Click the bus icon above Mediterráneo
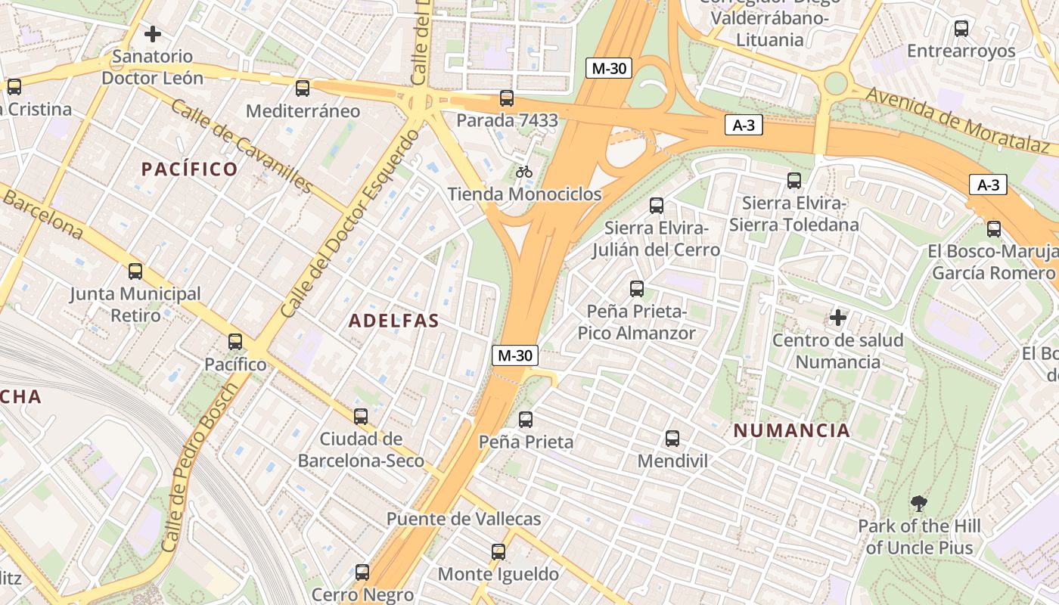(x=303, y=88)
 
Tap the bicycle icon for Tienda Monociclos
(x=524, y=172)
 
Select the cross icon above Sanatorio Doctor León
(x=153, y=34)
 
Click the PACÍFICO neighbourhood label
(x=190, y=169)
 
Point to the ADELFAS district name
(x=394, y=321)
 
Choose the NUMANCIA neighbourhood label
(x=792, y=431)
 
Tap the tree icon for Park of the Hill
(x=919, y=504)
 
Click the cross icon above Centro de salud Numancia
(x=837, y=318)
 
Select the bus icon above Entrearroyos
(x=961, y=29)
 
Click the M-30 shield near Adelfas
(x=515, y=355)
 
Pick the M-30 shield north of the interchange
(x=609, y=68)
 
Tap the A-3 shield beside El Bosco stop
(x=988, y=185)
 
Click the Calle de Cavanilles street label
(x=241, y=145)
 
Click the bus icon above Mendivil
(x=672, y=439)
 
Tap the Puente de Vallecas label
(x=464, y=519)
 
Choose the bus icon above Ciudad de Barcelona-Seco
(x=361, y=417)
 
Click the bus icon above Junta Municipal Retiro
(x=135, y=271)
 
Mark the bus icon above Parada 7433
(x=507, y=98)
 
